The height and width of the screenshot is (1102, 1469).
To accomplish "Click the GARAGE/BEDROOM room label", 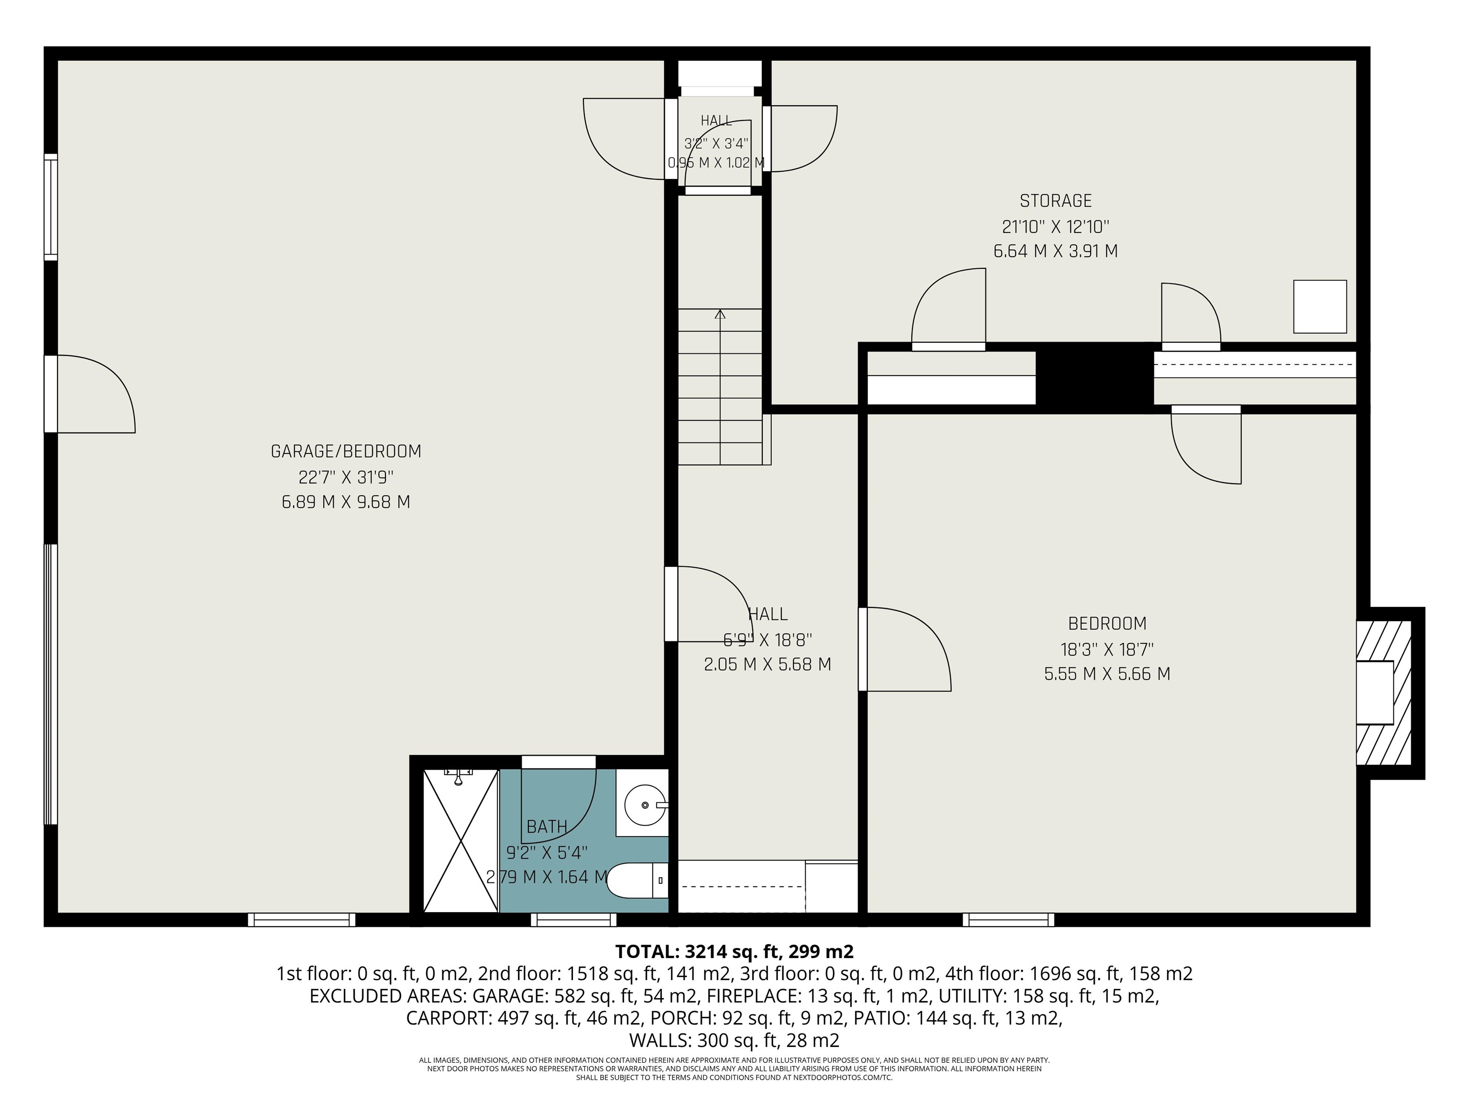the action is [x=346, y=452].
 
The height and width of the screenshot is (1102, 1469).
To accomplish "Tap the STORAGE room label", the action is [x=1056, y=200].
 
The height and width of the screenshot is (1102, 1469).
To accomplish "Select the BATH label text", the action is [x=547, y=827].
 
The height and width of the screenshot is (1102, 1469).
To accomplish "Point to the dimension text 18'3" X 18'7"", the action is [x=1107, y=649].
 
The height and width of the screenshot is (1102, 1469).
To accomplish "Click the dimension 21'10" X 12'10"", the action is [x=1056, y=227].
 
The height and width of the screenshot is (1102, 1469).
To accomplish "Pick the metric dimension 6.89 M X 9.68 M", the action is [x=346, y=502].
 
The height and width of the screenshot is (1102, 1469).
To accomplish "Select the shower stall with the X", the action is [x=460, y=841].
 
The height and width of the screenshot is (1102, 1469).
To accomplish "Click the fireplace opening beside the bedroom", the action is [x=1374, y=693].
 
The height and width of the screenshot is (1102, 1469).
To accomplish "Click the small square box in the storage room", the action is [x=1320, y=306].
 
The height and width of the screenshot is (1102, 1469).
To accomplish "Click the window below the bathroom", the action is [x=574, y=920].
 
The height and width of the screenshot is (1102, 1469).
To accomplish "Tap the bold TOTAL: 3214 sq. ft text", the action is [x=734, y=952].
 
